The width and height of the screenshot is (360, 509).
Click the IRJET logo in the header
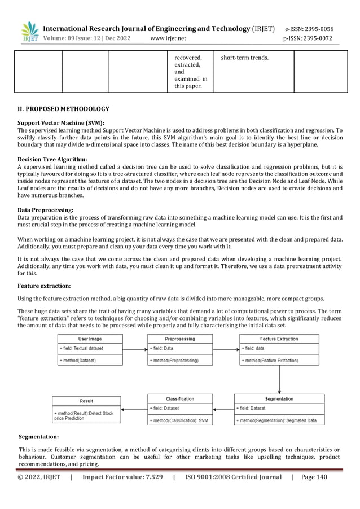coord(29,32)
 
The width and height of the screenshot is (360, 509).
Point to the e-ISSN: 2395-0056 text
coord(309,28)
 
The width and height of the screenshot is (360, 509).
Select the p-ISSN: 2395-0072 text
coord(308,38)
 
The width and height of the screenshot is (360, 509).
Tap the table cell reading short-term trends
coord(244,58)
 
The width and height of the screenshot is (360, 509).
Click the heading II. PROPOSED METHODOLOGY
coord(63,109)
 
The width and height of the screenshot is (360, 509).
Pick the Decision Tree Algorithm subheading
coord(52,159)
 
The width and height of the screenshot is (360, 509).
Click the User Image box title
coord(90,339)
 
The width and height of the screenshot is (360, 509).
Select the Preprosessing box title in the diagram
coord(179,339)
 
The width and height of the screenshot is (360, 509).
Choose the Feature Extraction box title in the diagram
coord(279,339)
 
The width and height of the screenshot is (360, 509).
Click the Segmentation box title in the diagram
coord(279,399)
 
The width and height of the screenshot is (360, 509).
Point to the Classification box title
coord(179,399)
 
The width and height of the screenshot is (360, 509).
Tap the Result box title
coord(86,401)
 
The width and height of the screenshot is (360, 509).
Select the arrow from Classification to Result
coord(134,410)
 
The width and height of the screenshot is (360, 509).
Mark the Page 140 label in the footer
coord(314,477)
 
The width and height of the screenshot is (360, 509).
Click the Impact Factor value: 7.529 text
coord(122,477)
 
